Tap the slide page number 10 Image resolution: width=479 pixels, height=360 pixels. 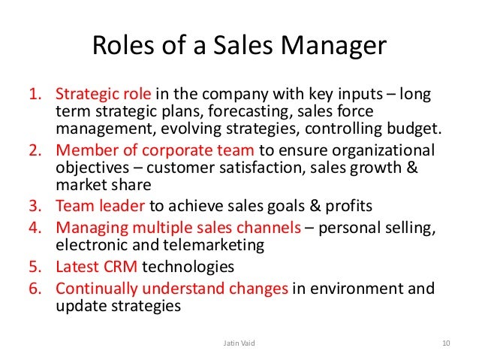(445, 343)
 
